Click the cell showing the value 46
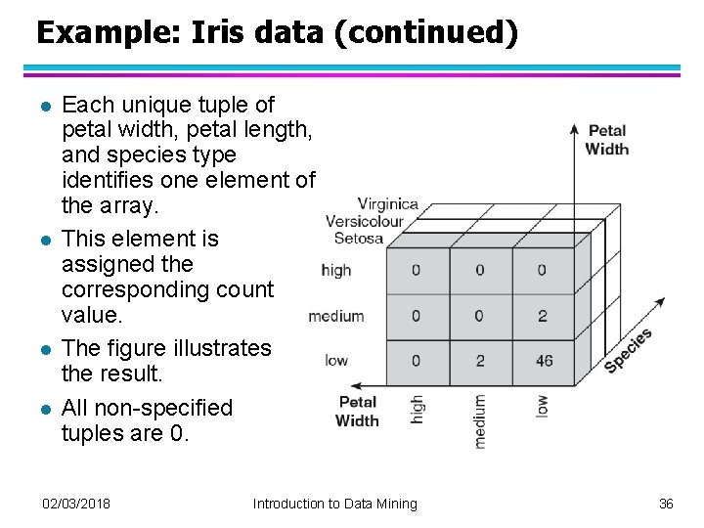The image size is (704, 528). point(544,361)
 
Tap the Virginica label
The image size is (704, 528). point(388,205)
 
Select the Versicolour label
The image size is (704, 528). point(365,221)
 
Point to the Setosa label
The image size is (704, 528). point(359,238)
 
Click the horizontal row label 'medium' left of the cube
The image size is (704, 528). point(335,316)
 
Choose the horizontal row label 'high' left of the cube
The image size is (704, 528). point(335,270)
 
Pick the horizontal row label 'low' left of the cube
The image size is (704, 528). point(336,361)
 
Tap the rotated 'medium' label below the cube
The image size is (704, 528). point(479,421)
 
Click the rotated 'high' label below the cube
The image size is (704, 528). point(418,411)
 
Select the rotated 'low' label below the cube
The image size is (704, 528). point(542,406)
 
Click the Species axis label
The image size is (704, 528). point(629,350)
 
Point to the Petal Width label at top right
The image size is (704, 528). point(607,140)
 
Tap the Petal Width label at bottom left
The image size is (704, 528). point(357,411)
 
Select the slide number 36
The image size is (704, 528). point(666,504)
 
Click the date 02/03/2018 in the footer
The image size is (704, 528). point(76,504)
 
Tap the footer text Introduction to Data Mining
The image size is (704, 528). point(334,504)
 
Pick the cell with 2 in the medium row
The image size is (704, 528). point(543,316)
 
